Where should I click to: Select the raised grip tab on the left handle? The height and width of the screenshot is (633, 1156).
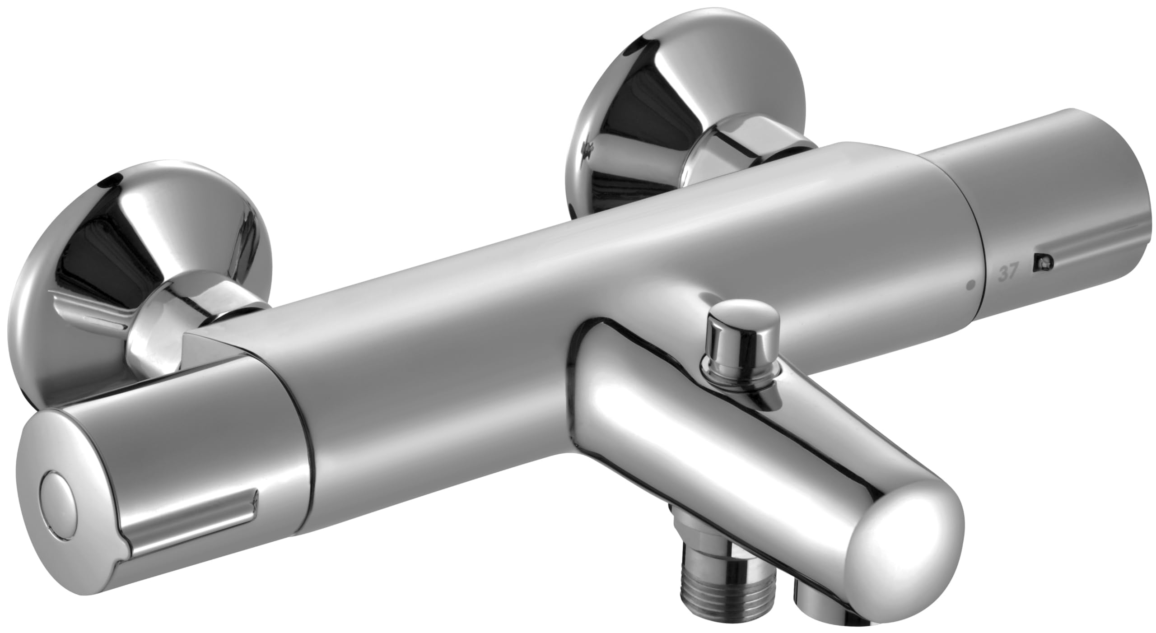coord(190,535)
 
